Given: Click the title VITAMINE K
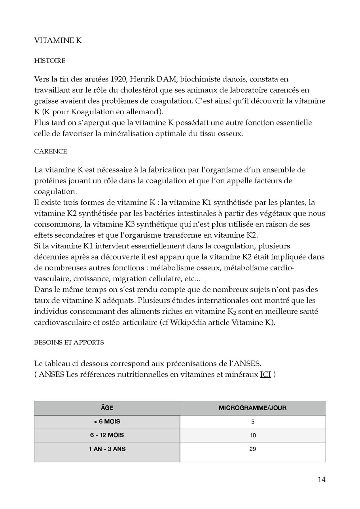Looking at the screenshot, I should [58, 41].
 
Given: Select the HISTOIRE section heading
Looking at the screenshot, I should [50, 61].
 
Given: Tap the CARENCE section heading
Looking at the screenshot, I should [51, 151].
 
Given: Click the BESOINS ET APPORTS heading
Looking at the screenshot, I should [69, 342].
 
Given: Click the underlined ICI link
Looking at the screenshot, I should [265, 374].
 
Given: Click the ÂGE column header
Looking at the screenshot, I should [107, 408].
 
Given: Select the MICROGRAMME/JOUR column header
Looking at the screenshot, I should [252, 408].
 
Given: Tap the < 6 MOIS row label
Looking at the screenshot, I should [107, 422].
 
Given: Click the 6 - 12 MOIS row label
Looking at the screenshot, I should [107, 435].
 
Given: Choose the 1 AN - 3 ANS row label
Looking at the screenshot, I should [107, 449].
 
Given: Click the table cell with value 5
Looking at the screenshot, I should [252, 422].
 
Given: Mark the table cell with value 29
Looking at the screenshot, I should [252, 449].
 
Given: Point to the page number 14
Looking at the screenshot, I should [321, 480].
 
